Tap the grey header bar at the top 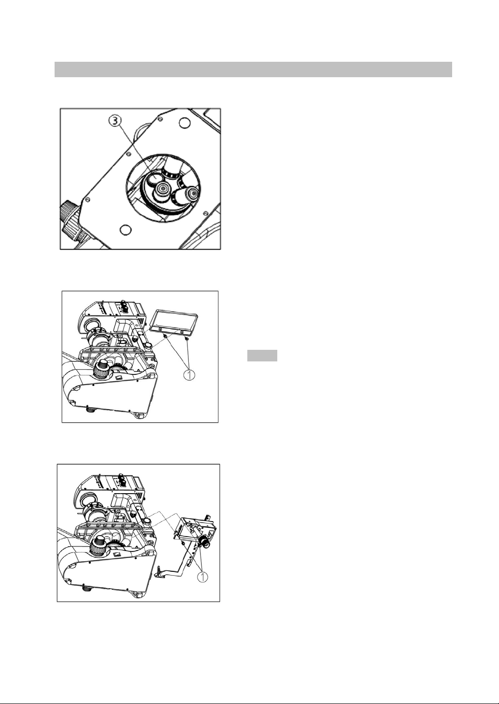(x=253, y=69)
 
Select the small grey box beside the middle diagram (x=262, y=356)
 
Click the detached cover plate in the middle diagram (x=174, y=320)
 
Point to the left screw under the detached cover (x=166, y=335)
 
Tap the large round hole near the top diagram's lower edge (x=125, y=229)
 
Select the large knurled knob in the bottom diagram (x=100, y=547)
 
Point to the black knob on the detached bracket (x=206, y=544)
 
